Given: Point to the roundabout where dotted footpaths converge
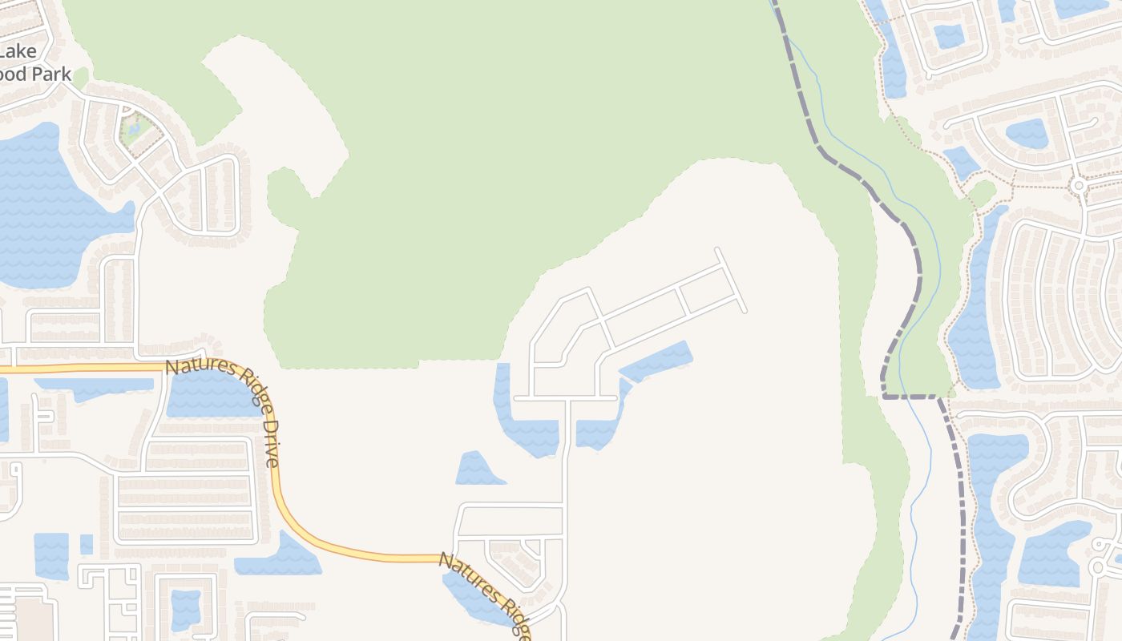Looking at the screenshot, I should point(1079,185).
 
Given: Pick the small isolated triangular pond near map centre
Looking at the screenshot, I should point(477,470).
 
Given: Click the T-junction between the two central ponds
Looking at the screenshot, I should point(567,397).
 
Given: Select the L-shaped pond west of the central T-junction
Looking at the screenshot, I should point(521,425).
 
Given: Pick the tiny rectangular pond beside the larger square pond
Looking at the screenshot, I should point(86,545).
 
